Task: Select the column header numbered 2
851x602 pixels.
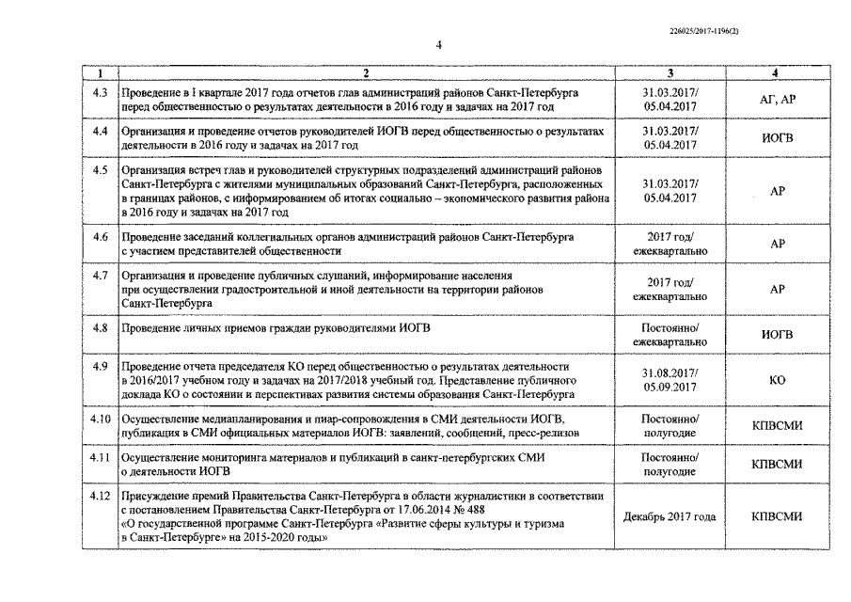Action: (x=366, y=73)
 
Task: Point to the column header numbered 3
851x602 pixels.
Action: (x=670, y=73)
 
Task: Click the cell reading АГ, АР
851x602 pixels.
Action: (x=776, y=101)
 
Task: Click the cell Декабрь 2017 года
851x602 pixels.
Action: (x=670, y=516)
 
